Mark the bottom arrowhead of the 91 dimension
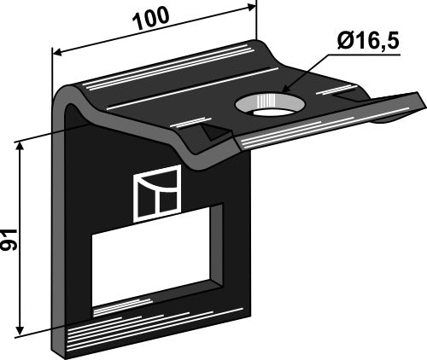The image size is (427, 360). click(x=20, y=332)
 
